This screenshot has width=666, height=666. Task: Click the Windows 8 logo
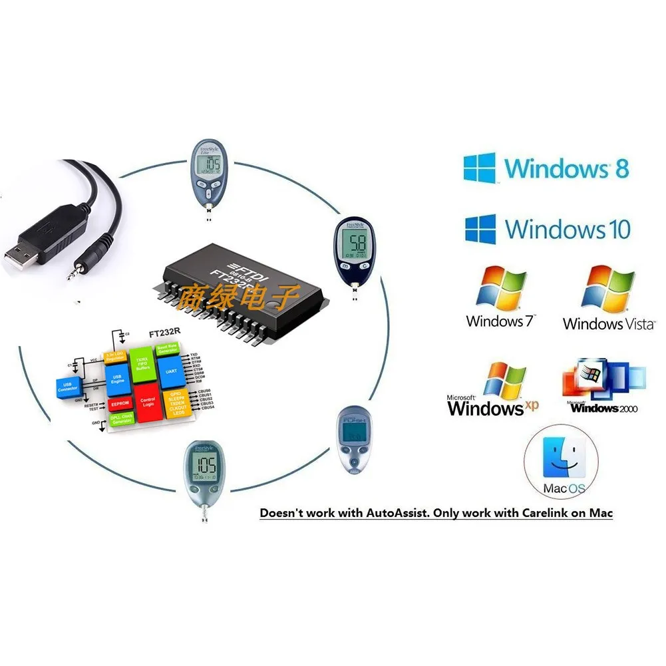(480, 168)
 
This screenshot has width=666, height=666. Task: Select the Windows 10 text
(567, 230)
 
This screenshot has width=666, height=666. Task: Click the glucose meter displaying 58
(358, 251)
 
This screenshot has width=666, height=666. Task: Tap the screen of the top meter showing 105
(212, 164)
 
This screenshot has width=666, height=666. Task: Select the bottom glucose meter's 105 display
(204, 466)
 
